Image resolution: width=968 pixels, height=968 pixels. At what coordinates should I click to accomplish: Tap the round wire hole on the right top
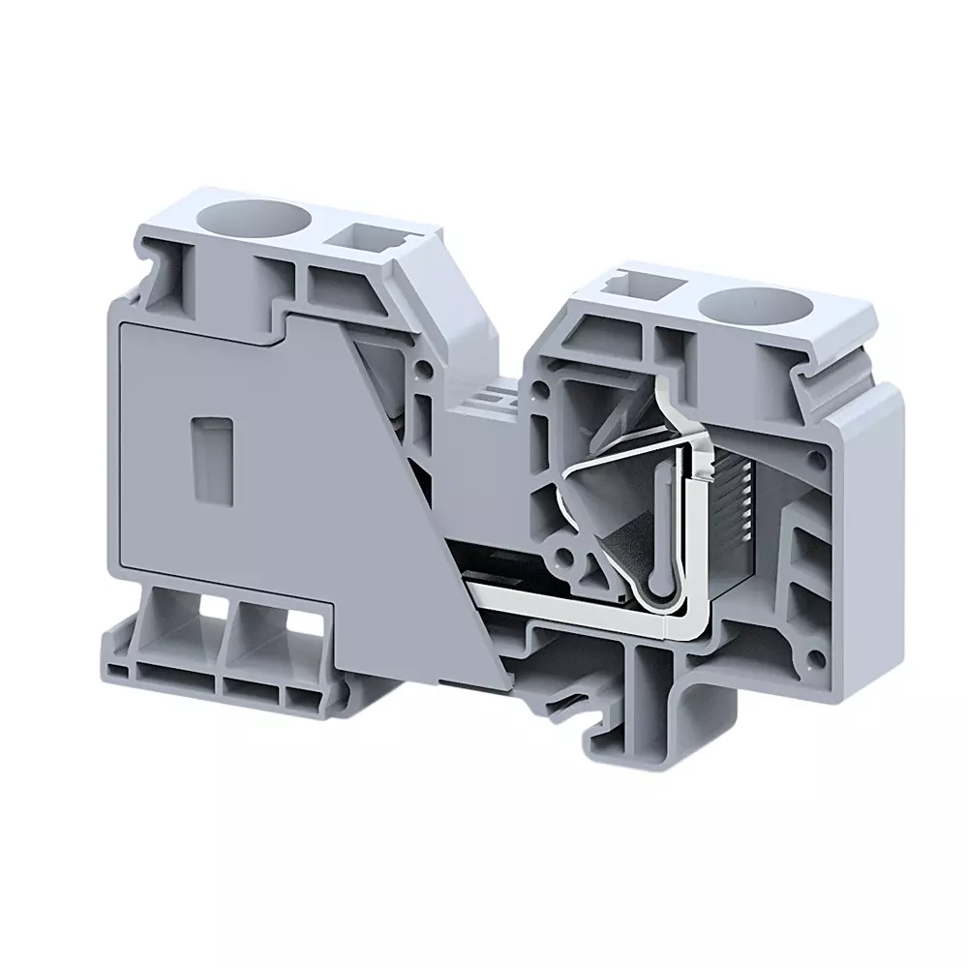[741, 310]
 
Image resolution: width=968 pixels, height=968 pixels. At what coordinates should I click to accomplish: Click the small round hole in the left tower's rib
[424, 368]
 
